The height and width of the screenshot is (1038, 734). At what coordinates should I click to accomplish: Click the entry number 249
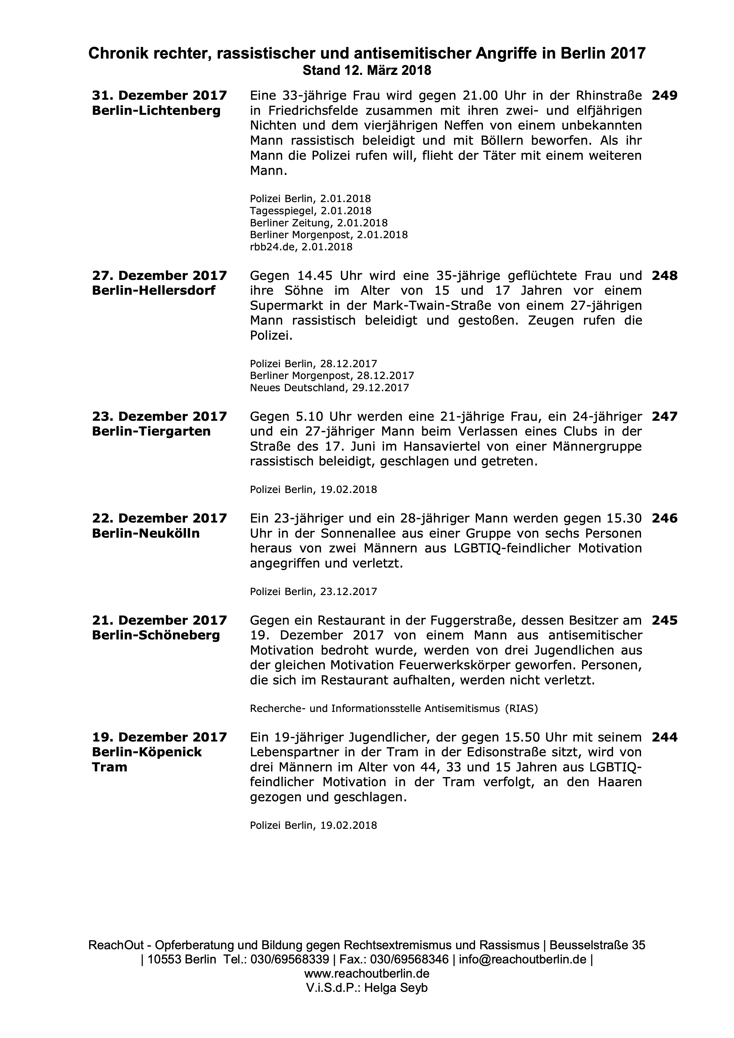coord(664,96)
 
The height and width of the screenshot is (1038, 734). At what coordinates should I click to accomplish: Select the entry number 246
coord(664,518)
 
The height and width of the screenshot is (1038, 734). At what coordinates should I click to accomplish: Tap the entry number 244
coord(664,737)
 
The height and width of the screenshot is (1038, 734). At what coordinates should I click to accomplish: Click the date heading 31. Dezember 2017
coord(159,96)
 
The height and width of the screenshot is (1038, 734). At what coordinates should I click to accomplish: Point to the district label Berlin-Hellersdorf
coord(153,290)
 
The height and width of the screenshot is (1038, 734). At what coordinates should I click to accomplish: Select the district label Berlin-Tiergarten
coord(151,431)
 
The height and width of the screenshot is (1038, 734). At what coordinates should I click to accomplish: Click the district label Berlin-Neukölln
coord(146,533)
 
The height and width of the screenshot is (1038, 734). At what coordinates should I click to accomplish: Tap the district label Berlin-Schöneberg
coord(155,635)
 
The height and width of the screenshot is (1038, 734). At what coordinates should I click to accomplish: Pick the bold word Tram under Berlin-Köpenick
coord(110,767)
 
